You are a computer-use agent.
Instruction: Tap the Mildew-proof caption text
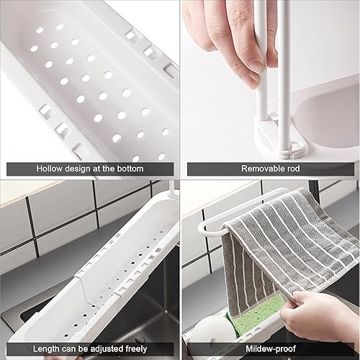pos(271,348)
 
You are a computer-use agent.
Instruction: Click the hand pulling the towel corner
pos(319,317)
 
